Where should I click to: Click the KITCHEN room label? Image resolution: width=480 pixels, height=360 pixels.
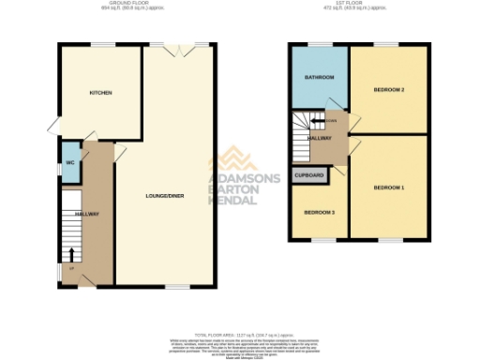[101, 93]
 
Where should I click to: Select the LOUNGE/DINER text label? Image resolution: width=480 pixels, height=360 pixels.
[164, 196]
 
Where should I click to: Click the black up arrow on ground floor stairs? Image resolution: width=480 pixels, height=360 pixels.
[70, 253]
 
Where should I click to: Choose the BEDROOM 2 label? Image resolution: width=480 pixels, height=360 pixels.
[388, 90]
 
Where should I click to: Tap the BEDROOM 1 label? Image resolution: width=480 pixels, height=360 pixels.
[388, 188]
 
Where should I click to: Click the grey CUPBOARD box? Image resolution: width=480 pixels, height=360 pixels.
[309, 175]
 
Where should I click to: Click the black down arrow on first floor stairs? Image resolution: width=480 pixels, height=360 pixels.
[317, 121]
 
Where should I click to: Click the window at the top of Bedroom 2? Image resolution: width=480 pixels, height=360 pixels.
[383, 44]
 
